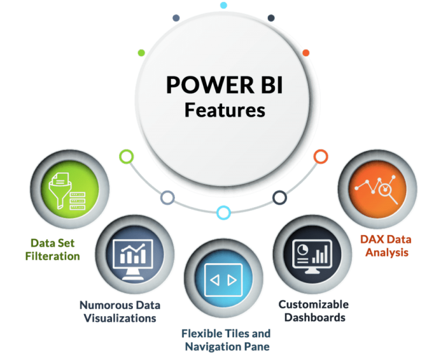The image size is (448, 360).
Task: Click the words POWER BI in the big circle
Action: [x=225, y=85]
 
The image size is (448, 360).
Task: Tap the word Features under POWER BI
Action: [x=225, y=110]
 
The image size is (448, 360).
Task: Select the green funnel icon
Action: [x=68, y=191]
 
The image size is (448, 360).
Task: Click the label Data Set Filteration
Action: [x=52, y=249]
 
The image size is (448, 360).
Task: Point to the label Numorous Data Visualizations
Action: [x=120, y=312]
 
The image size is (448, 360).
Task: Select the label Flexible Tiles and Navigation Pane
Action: [x=226, y=340]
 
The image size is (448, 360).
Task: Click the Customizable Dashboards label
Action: [x=314, y=311]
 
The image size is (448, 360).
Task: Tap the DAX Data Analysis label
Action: [x=386, y=246]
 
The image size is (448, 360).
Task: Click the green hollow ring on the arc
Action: [x=126, y=156]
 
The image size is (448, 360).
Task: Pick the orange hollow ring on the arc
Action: [x=321, y=156]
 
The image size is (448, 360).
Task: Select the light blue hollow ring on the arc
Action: [x=223, y=212]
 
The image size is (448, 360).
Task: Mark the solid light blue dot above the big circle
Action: [x=224, y=5]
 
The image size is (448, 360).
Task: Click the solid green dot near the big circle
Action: [x=141, y=53]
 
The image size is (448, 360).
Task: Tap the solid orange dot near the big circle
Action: [x=306, y=53]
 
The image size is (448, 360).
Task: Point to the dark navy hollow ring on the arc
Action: [x=279, y=197]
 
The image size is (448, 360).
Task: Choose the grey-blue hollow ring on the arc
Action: [x=167, y=198]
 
